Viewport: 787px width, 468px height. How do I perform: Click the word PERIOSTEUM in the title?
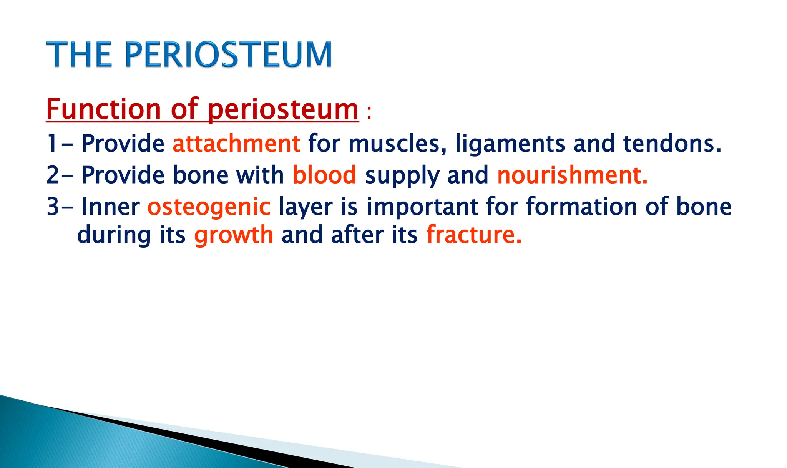[x=228, y=55]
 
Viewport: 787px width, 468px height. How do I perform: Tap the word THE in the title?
[x=79, y=55]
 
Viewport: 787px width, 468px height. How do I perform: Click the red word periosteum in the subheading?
[x=283, y=109]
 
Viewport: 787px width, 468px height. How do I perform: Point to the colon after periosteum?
[x=369, y=114]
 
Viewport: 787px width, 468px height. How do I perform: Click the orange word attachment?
[x=236, y=144]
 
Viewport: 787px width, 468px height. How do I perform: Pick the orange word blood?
[x=324, y=175]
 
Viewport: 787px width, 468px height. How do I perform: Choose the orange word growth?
[x=234, y=236]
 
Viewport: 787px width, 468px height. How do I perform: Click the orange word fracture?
[x=473, y=235]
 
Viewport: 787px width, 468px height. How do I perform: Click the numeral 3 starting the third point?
[x=53, y=207]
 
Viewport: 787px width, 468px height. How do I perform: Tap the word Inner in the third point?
[x=111, y=207]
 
